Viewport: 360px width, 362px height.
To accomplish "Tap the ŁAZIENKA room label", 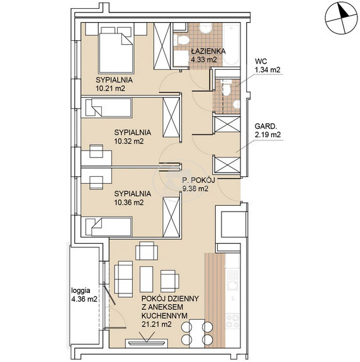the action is [208, 51].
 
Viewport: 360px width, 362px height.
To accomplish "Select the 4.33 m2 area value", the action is [203, 60].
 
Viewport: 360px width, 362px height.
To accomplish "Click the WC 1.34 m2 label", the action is [267, 65].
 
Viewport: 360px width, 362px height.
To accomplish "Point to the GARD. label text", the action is [266, 127].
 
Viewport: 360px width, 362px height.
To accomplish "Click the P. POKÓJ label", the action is [195, 180].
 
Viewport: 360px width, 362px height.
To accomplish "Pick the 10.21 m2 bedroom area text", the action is [110, 88].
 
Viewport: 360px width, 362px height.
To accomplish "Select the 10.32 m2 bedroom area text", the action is [129, 141].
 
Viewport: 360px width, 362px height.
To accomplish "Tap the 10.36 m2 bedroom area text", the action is [129, 203].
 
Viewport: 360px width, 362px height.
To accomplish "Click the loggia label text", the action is [81, 290].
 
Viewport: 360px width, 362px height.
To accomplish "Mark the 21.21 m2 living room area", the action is [157, 324].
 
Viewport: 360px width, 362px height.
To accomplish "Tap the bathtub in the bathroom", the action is [231, 45].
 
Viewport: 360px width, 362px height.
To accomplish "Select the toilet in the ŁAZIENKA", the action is [182, 40].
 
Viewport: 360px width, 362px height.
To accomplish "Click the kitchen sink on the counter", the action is [233, 280].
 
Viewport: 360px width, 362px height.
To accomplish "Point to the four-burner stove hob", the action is [232, 321].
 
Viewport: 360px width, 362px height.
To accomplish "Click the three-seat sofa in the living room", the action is [123, 279].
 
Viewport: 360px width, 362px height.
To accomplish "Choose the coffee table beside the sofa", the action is [146, 279].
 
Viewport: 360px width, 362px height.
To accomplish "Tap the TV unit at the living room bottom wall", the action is [146, 342].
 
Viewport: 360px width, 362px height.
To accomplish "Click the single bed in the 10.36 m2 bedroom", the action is [109, 227].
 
